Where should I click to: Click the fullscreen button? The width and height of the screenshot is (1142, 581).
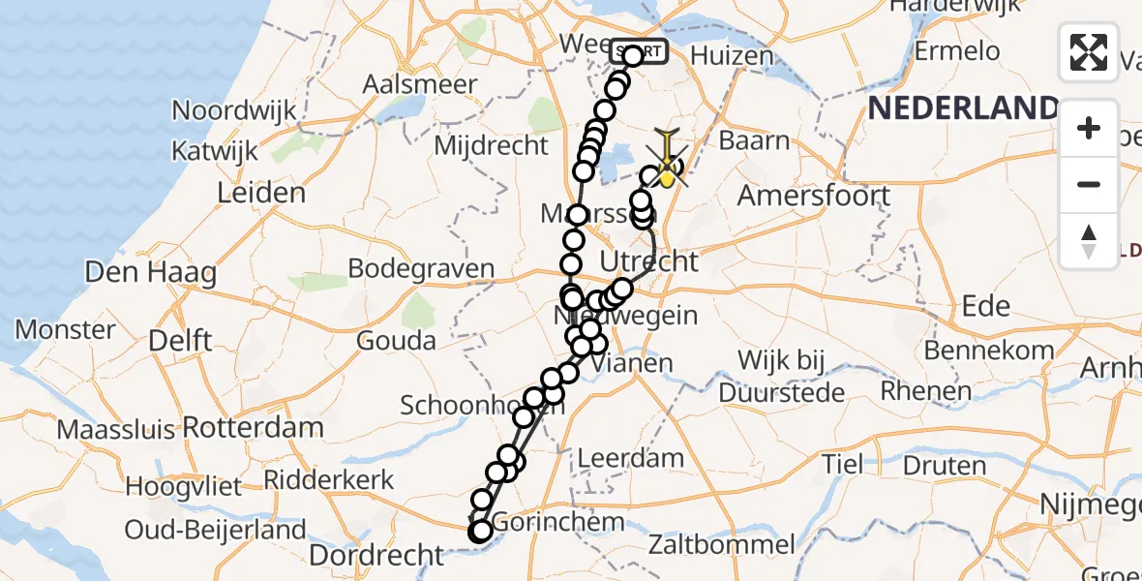click(x=1089, y=52)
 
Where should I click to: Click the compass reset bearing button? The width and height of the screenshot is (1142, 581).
click(x=1089, y=241)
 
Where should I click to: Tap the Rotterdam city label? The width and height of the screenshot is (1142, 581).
click(x=253, y=427)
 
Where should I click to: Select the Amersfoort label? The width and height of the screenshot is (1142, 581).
click(x=814, y=196)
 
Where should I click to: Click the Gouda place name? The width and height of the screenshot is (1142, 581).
click(x=396, y=341)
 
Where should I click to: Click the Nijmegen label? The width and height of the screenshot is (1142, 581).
click(x=1090, y=504)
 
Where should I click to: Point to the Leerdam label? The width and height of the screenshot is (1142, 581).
click(x=631, y=458)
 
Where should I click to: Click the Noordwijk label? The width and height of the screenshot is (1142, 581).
click(x=234, y=110)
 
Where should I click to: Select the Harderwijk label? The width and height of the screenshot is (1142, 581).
click(x=955, y=8)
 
